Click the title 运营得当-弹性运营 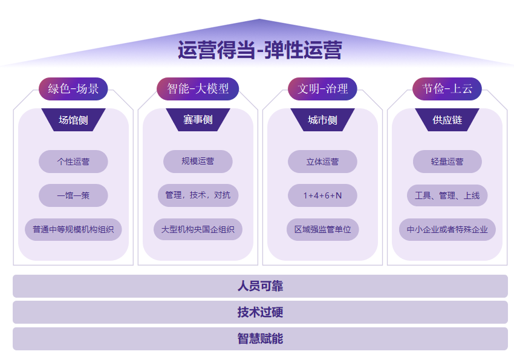pyautogui.click(x=259, y=50)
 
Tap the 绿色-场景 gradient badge pyautogui.click(x=73, y=88)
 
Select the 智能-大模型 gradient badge pyautogui.click(x=198, y=88)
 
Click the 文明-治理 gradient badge pyautogui.click(x=322, y=88)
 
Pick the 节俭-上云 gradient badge pyautogui.click(x=447, y=88)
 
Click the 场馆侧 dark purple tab pyautogui.click(x=73, y=120)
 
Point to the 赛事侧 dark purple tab pyautogui.click(x=198, y=120)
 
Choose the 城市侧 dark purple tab pyautogui.click(x=322, y=120)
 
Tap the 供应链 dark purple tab pyautogui.click(x=447, y=120)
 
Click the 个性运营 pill pyautogui.click(x=73, y=162)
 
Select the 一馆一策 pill pyautogui.click(x=73, y=195)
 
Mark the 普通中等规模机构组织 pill pyautogui.click(x=73, y=230)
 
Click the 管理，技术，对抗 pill pyautogui.click(x=198, y=195)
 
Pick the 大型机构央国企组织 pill pyautogui.click(x=198, y=230)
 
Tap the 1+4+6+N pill pyautogui.click(x=322, y=195)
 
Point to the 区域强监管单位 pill pyautogui.click(x=322, y=230)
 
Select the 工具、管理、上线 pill pyautogui.click(x=447, y=195)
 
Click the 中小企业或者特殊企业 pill pyautogui.click(x=447, y=230)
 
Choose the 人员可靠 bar pyautogui.click(x=260, y=286)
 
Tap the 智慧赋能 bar pyautogui.click(x=260, y=339)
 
